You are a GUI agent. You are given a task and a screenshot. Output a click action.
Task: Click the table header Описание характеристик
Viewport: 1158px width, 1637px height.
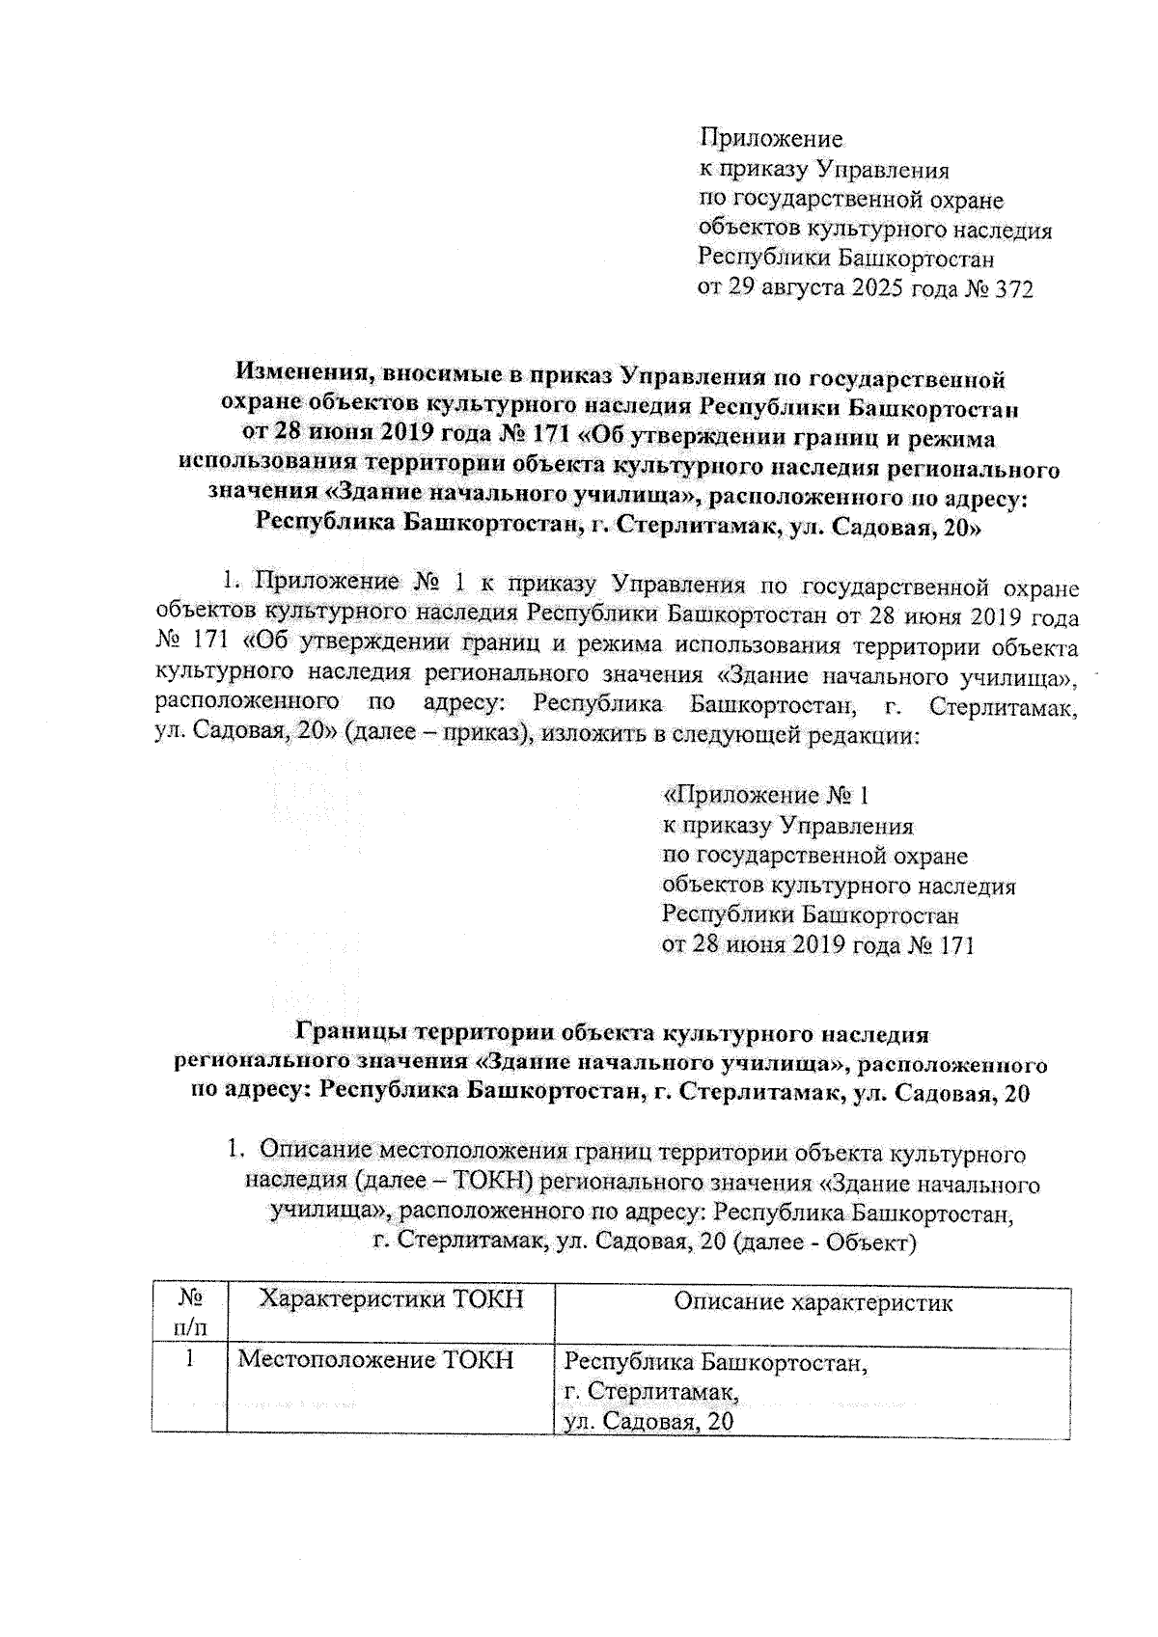pyautogui.click(x=813, y=1303)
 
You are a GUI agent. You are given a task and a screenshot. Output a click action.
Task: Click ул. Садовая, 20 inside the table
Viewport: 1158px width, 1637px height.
pyautogui.click(x=648, y=1421)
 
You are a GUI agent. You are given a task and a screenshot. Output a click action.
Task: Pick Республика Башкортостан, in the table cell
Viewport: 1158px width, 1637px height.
pyautogui.click(x=716, y=1363)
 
